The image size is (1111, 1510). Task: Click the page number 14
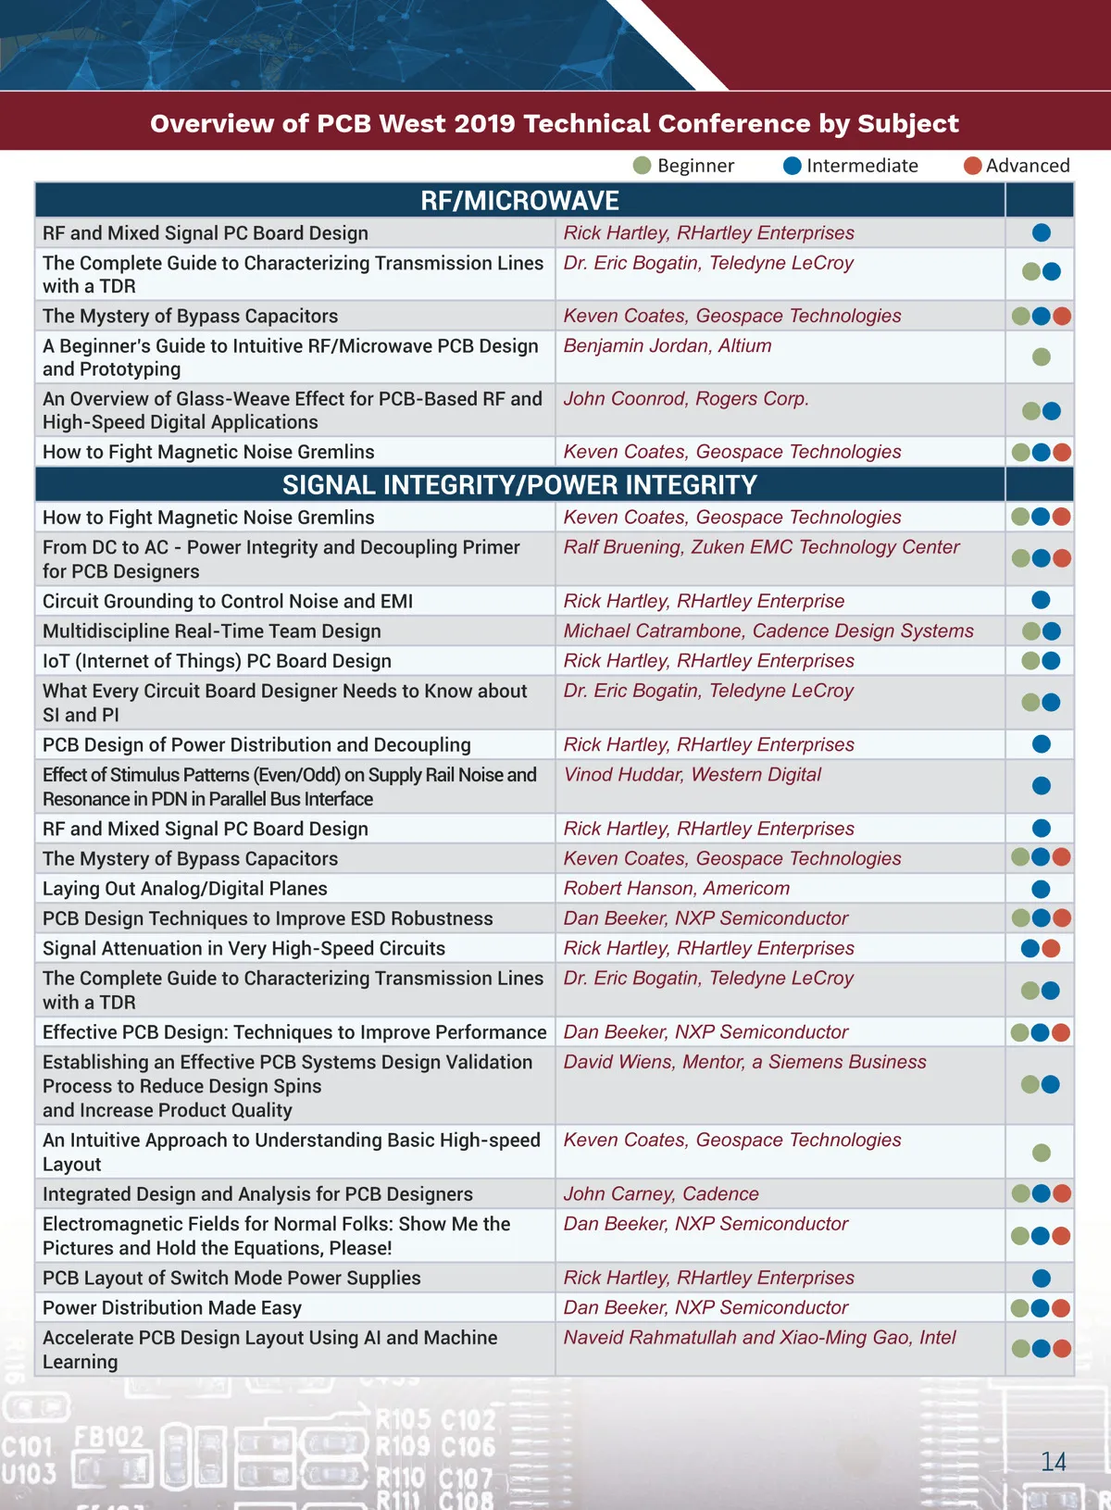1054,1462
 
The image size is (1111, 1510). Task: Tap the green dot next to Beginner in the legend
642,166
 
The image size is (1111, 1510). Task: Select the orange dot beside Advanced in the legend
972,166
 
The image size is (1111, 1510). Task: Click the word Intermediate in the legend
862,166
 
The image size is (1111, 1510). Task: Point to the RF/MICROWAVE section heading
519,201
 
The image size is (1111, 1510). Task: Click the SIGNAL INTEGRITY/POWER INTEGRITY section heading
519,485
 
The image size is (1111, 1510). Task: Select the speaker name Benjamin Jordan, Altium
668,345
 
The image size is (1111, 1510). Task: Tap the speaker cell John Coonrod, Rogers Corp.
686,399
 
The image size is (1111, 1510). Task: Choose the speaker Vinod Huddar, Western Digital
693,775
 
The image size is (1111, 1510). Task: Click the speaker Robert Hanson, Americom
677,889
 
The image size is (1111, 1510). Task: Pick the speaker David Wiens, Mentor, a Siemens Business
744,1062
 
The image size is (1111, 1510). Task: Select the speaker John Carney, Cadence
661,1194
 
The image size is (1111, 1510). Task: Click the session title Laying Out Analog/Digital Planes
185,889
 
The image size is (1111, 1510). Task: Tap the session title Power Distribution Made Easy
172,1308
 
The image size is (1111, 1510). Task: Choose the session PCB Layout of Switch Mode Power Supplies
231,1279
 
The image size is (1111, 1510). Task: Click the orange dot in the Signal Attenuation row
1051,948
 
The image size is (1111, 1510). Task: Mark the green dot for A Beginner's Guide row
1042,356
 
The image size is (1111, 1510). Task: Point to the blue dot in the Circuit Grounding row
1042,600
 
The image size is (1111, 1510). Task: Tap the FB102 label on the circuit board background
108,1437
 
